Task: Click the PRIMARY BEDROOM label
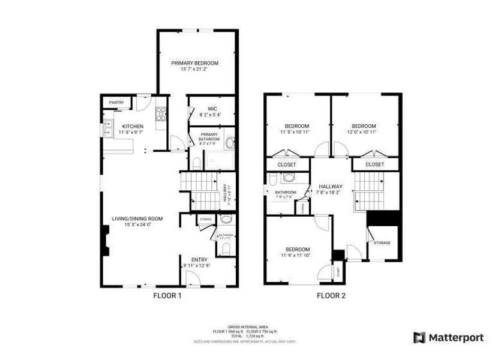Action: point(194,63)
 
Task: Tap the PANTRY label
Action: point(116,103)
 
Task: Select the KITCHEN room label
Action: point(116,126)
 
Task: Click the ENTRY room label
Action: point(199,259)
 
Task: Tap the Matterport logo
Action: point(449,338)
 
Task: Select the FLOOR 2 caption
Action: point(331,295)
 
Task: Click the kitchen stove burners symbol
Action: point(160,114)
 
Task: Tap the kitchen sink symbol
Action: point(108,126)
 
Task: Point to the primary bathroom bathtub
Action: point(230,145)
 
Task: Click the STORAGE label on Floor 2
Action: point(382,242)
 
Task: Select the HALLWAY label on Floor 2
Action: point(329,186)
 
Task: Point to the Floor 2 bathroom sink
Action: point(289,178)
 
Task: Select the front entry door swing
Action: point(193,278)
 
